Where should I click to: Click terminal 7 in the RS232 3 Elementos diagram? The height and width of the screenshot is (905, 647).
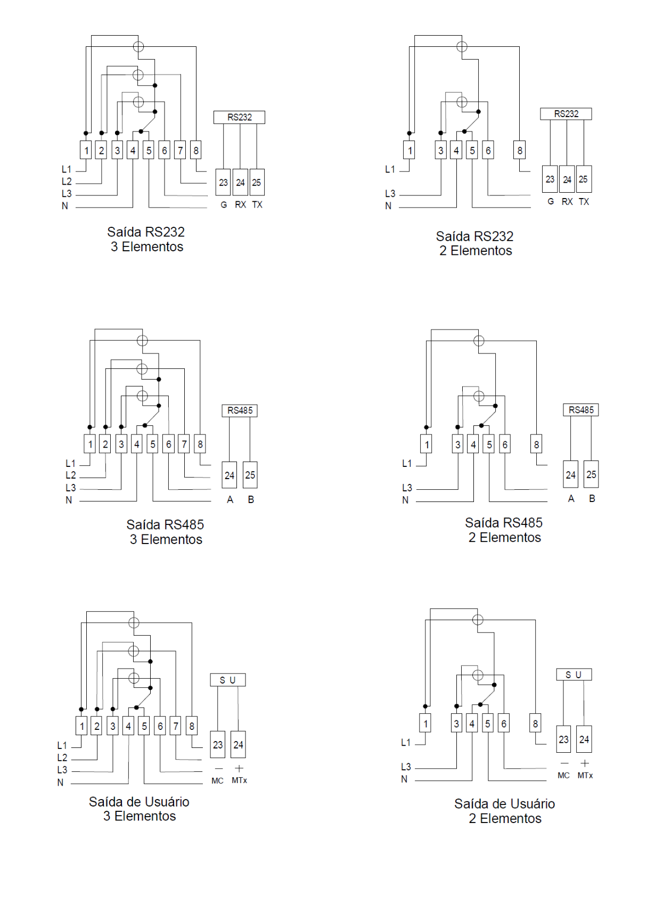pyautogui.click(x=180, y=150)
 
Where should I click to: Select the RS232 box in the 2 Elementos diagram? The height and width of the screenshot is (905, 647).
pyautogui.click(x=566, y=114)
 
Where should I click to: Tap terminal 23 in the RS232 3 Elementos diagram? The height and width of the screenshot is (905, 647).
pyautogui.click(x=223, y=182)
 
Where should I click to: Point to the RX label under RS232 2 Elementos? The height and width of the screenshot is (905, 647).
pyautogui.click(x=567, y=202)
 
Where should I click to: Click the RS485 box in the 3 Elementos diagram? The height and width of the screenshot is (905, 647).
pyautogui.click(x=240, y=410)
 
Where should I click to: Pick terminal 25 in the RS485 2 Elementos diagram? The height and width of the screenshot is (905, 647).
pyautogui.click(x=591, y=474)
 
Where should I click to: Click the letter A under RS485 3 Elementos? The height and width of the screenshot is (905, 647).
pyautogui.click(x=230, y=500)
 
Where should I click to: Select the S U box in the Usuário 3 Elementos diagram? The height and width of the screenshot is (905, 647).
pyautogui.click(x=227, y=680)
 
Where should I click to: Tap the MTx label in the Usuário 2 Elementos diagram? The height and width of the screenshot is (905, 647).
pyautogui.click(x=585, y=775)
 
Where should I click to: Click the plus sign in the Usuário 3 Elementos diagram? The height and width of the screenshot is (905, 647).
pyautogui.click(x=239, y=768)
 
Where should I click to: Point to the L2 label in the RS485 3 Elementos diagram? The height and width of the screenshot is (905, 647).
pyautogui.click(x=71, y=475)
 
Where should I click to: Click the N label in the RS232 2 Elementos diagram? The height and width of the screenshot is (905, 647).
pyautogui.click(x=388, y=206)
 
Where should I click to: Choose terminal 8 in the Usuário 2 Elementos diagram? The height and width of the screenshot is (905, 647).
pyautogui.click(x=535, y=723)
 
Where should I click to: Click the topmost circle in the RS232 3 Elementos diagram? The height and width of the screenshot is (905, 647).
pyautogui.click(x=138, y=47)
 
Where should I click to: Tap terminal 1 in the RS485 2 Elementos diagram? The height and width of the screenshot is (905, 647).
pyautogui.click(x=427, y=445)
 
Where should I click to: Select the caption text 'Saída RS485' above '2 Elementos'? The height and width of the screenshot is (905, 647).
pyautogui.click(x=504, y=523)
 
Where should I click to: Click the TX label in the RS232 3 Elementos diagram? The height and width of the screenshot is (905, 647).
pyautogui.click(x=257, y=205)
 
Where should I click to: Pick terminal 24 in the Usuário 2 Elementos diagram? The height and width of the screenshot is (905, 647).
pyautogui.click(x=584, y=739)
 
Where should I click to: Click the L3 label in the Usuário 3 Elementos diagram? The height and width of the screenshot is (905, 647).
pyautogui.click(x=62, y=770)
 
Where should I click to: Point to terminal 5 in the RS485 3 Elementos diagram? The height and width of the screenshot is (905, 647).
pyautogui.click(x=152, y=444)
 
